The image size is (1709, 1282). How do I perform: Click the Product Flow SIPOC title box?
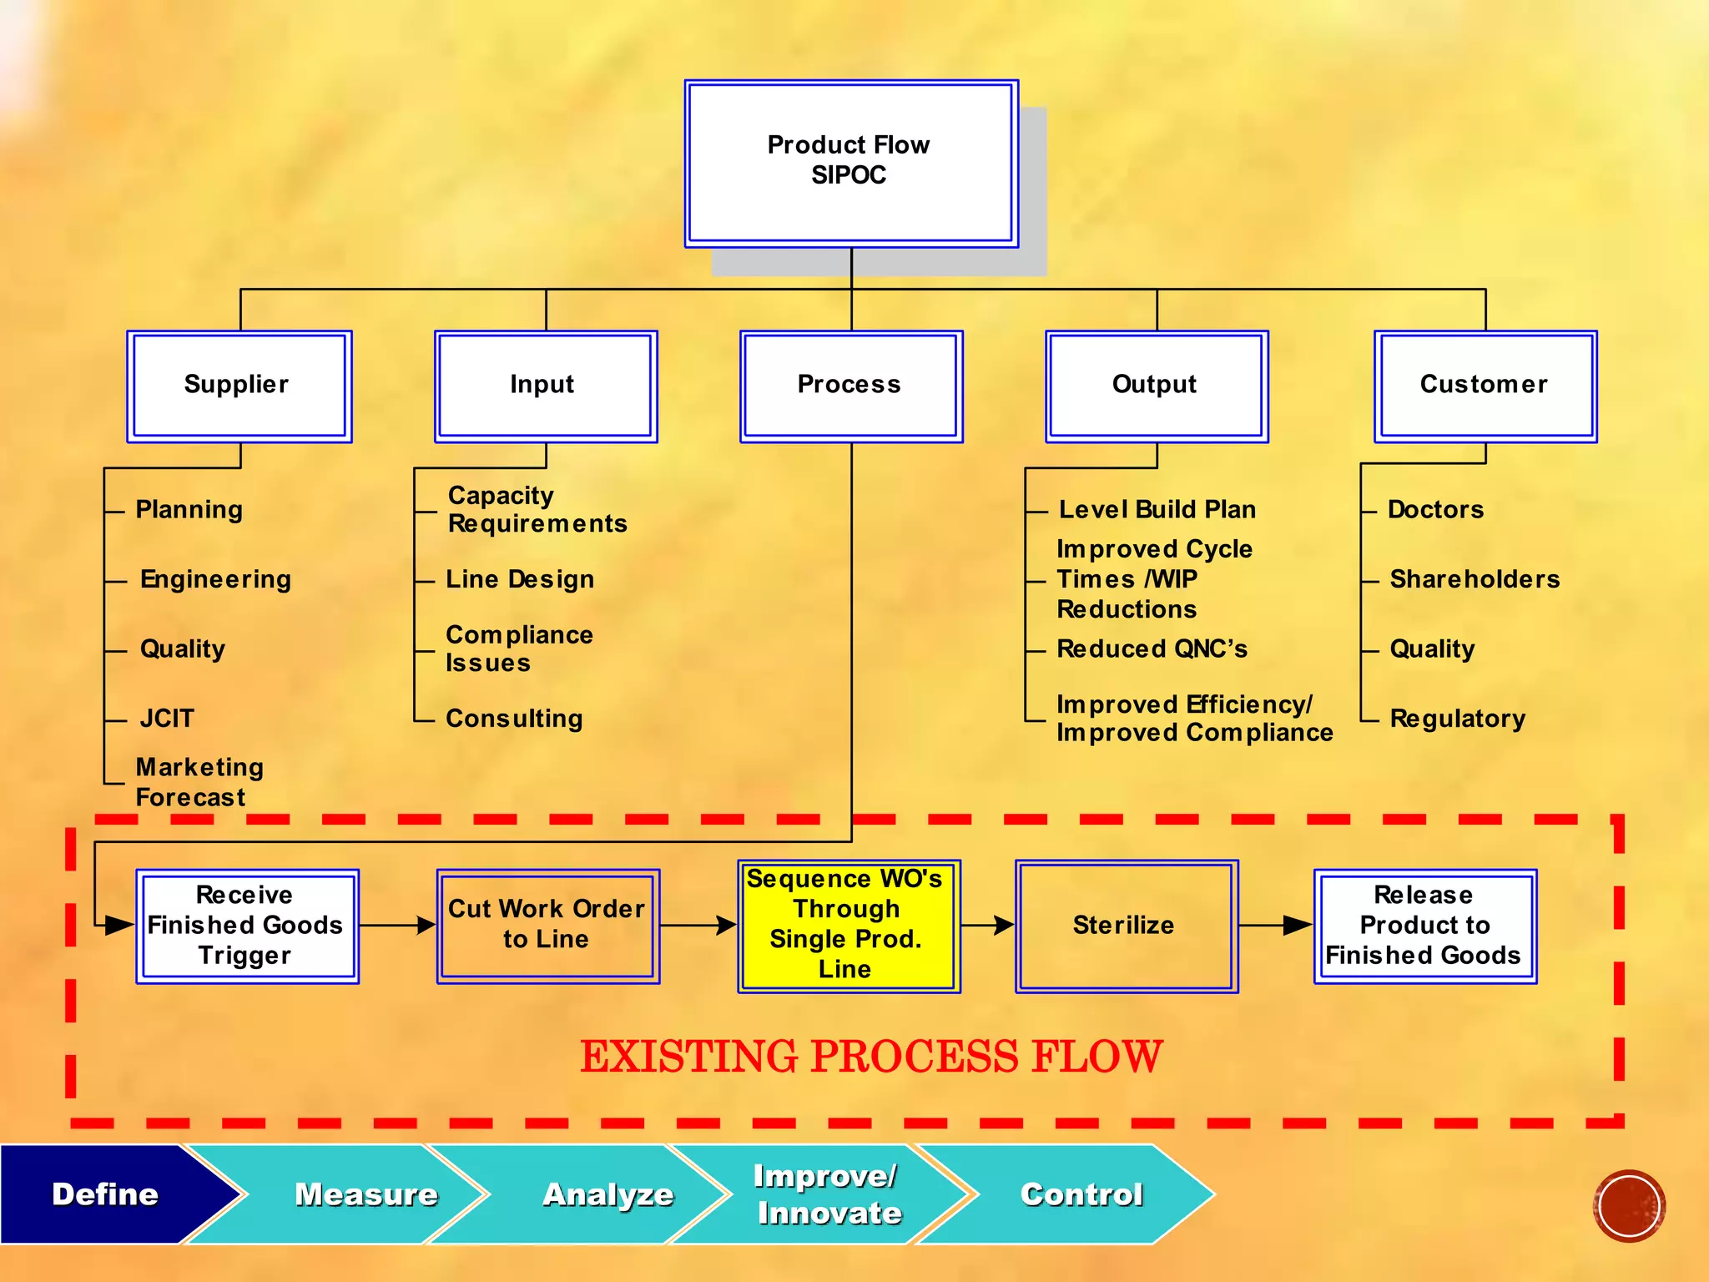pos(850,164)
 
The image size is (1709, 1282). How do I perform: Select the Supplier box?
pos(239,386)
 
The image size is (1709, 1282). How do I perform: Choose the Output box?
pos(1157,386)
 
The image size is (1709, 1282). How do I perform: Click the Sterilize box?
pos(1126,926)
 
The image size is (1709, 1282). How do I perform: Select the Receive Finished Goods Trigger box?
pos(247,926)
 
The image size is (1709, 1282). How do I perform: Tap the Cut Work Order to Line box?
pos(547,926)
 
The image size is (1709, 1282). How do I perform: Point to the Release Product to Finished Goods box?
pos(1424,926)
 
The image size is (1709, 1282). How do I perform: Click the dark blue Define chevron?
pos(104,1194)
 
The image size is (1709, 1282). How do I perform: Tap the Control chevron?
pos(1081,1194)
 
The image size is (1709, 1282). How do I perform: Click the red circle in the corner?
pos(1628,1205)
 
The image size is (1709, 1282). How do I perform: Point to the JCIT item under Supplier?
pos(167,719)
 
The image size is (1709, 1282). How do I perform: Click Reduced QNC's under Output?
pos(1152,649)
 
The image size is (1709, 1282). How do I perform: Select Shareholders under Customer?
pos(1475,579)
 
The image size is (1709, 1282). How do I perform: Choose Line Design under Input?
pos(520,579)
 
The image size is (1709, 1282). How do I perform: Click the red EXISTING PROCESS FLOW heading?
pos(870,1057)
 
